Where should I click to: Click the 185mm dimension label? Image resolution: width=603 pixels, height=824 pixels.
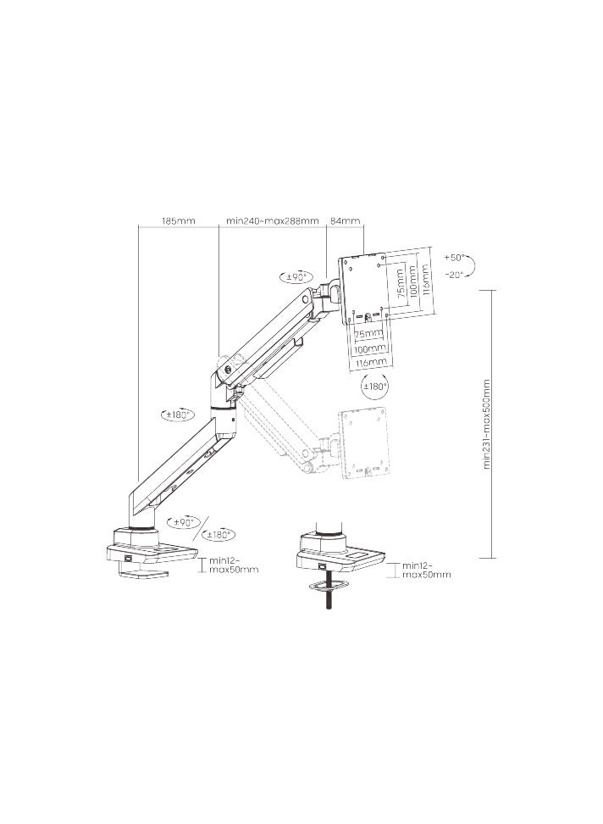pyautogui.click(x=178, y=220)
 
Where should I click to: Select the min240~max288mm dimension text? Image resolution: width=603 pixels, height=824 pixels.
pyautogui.click(x=272, y=220)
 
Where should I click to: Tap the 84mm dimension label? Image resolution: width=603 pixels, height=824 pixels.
pyautogui.click(x=344, y=220)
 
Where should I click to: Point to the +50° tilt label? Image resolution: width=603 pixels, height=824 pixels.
pyautogui.click(x=455, y=257)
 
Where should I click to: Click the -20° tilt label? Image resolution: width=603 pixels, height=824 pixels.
pyautogui.click(x=455, y=274)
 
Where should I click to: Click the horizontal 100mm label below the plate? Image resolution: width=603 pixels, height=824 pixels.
pyautogui.click(x=369, y=348)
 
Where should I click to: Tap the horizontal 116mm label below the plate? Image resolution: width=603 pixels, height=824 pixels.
pyautogui.click(x=369, y=362)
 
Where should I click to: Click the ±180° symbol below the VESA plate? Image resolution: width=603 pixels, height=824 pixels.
pyautogui.click(x=374, y=387)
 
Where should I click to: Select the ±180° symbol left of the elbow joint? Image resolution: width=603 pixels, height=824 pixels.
pyautogui.click(x=179, y=415)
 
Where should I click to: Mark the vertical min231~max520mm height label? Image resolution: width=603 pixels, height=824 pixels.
pyautogui.click(x=488, y=424)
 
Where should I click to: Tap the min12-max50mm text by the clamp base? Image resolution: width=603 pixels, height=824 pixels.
pyautogui.click(x=234, y=565)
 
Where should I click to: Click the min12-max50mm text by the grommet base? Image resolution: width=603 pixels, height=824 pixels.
pyautogui.click(x=426, y=570)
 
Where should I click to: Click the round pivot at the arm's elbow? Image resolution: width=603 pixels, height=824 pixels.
pyautogui.click(x=225, y=367)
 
